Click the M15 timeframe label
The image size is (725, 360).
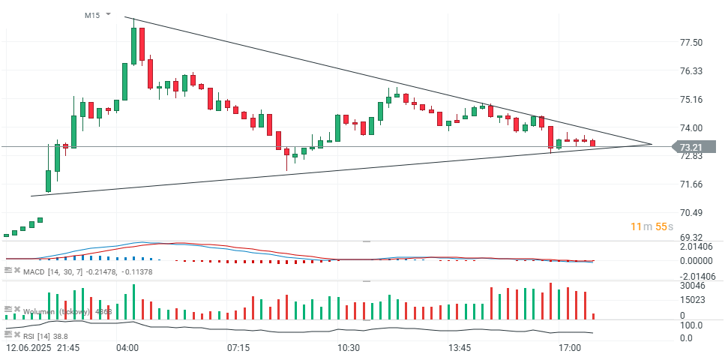(x=93, y=15)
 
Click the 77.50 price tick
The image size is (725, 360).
(x=691, y=43)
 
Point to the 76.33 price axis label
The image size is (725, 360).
(x=691, y=71)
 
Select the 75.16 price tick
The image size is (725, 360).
(x=691, y=100)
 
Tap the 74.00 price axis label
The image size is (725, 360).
(x=691, y=128)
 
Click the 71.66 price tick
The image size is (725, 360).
(x=691, y=184)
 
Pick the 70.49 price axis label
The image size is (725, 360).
(x=691, y=213)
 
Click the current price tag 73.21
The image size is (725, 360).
(x=691, y=147)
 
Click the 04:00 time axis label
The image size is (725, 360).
(x=127, y=349)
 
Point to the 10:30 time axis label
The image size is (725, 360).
(x=349, y=349)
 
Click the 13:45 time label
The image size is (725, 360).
(x=460, y=349)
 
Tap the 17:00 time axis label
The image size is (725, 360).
(x=571, y=349)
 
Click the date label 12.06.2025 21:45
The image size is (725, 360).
(x=43, y=349)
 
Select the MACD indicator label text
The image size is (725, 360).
(x=34, y=271)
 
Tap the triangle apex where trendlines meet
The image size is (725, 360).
(x=652, y=144)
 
